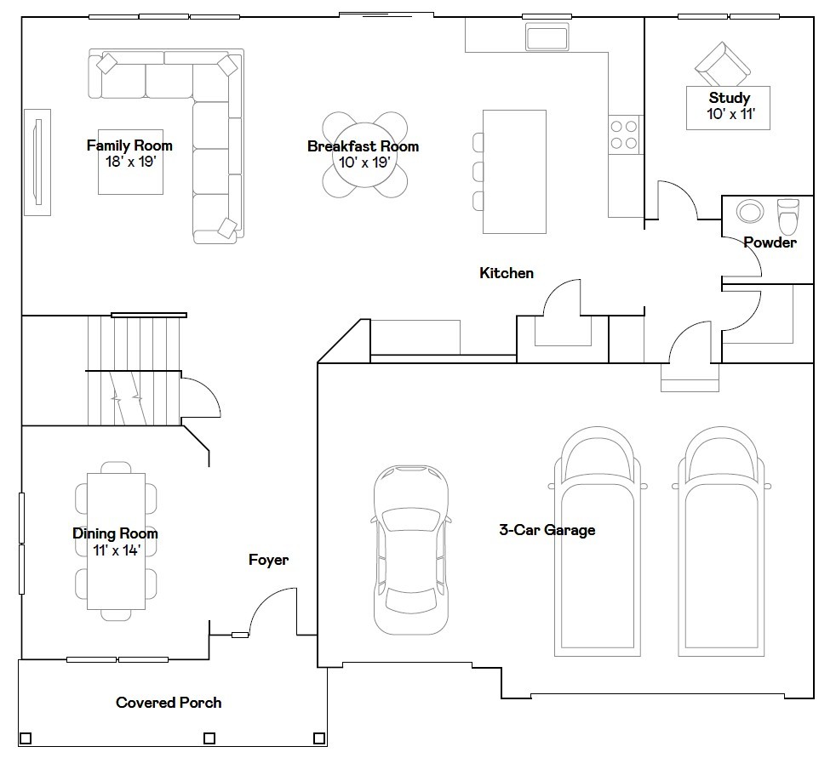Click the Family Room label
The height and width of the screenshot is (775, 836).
(129, 145)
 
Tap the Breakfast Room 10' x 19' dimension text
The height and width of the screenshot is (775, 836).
(364, 162)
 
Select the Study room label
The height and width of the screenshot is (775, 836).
(730, 98)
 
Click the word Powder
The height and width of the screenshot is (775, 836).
(770, 242)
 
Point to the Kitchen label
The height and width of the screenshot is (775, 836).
(507, 273)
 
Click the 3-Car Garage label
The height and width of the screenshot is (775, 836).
(547, 530)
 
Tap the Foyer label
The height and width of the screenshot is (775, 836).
(269, 560)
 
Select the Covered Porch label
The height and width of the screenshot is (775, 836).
(169, 703)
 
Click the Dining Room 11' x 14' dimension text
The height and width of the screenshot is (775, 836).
(117, 550)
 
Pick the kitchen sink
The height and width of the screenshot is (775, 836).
(547, 37)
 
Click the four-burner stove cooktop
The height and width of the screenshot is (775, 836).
(624, 134)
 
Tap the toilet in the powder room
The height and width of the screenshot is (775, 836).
(788, 216)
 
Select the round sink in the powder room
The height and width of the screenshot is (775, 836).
(750, 211)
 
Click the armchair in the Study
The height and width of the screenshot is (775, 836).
(723, 65)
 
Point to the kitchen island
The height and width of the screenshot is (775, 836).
(514, 172)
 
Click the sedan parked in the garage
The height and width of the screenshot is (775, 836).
(411, 550)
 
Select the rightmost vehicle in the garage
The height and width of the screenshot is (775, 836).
(721, 541)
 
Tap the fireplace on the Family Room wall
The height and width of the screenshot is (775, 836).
(37, 162)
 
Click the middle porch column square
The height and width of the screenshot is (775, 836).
(209, 738)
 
